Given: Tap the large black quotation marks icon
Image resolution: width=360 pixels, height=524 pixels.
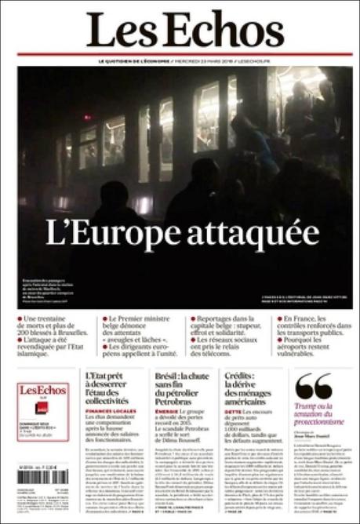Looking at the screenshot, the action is coord(314,385).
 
